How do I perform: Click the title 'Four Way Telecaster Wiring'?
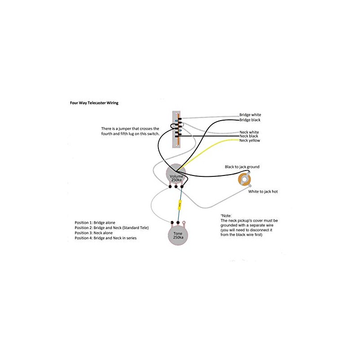[x=94, y=103]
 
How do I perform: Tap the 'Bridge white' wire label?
[x=250, y=115]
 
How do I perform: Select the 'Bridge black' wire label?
[x=250, y=120]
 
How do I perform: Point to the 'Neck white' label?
[x=249, y=131]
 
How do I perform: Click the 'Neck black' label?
[x=249, y=136]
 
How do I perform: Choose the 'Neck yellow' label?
[x=250, y=141]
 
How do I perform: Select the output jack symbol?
[x=245, y=180]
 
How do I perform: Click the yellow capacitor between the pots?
[x=180, y=205]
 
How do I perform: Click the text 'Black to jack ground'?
[x=242, y=167]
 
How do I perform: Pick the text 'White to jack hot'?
[x=263, y=192]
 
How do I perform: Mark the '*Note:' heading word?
[x=226, y=216]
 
